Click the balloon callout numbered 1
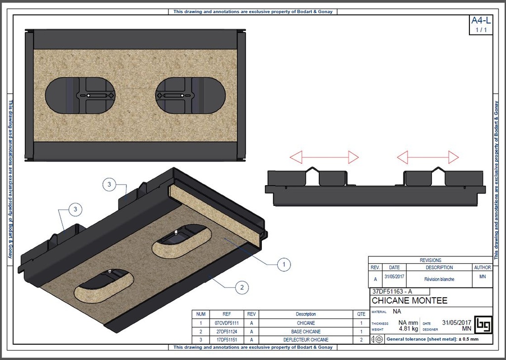[x=284, y=265]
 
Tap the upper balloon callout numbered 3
[x=109, y=185]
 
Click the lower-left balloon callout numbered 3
[x=75, y=209]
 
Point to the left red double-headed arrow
[x=324, y=158]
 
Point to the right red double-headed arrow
[x=428, y=158]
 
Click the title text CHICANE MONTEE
[x=409, y=301]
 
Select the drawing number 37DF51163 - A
[x=392, y=291]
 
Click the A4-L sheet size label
[x=481, y=21]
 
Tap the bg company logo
[x=483, y=324]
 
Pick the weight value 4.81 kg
[x=408, y=328]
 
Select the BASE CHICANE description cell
[x=305, y=331]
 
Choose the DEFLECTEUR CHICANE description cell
[x=305, y=340]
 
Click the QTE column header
[x=361, y=314]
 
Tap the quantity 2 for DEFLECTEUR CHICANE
[x=361, y=340]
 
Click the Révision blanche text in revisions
[x=439, y=279]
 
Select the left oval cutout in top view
[x=80, y=95]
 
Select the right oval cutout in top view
[x=191, y=95]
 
